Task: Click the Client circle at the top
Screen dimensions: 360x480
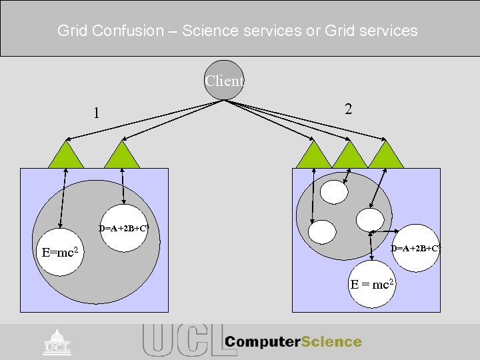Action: pyautogui.click(x=224, y=81)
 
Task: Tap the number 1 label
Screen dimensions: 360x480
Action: pyautogui.click(x=97, y=113)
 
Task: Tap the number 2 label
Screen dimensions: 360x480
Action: pyautogui.click(x=348, y=109)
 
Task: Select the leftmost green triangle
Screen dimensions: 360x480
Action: pyautogui.click(x=67, y=156)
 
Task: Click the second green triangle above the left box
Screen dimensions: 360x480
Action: pyautogui.click(x=122, y=156)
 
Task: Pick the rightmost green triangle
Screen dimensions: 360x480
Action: pyautogui.click(x=386, y=155)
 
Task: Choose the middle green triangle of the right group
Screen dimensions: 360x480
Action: pyautogui.click(x=349, y=155)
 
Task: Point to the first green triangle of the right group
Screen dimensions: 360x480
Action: pyautogui.click(x=313, y=155)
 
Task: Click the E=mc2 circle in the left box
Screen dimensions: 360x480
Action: pyautogui.click(x=60, y=253)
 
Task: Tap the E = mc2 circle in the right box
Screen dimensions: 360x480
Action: pyautogui.click(x=372, y=285)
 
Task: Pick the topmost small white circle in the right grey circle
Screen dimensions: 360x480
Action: pyautogui.click(x=333, y=191)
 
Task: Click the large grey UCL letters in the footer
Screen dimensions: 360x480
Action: pyautogui.click(x=180, y=340)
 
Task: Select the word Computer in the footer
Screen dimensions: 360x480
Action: pyautogui.click(x=262, y=342)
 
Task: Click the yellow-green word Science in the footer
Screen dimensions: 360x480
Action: pyautogui.click(x=331, y=342)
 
